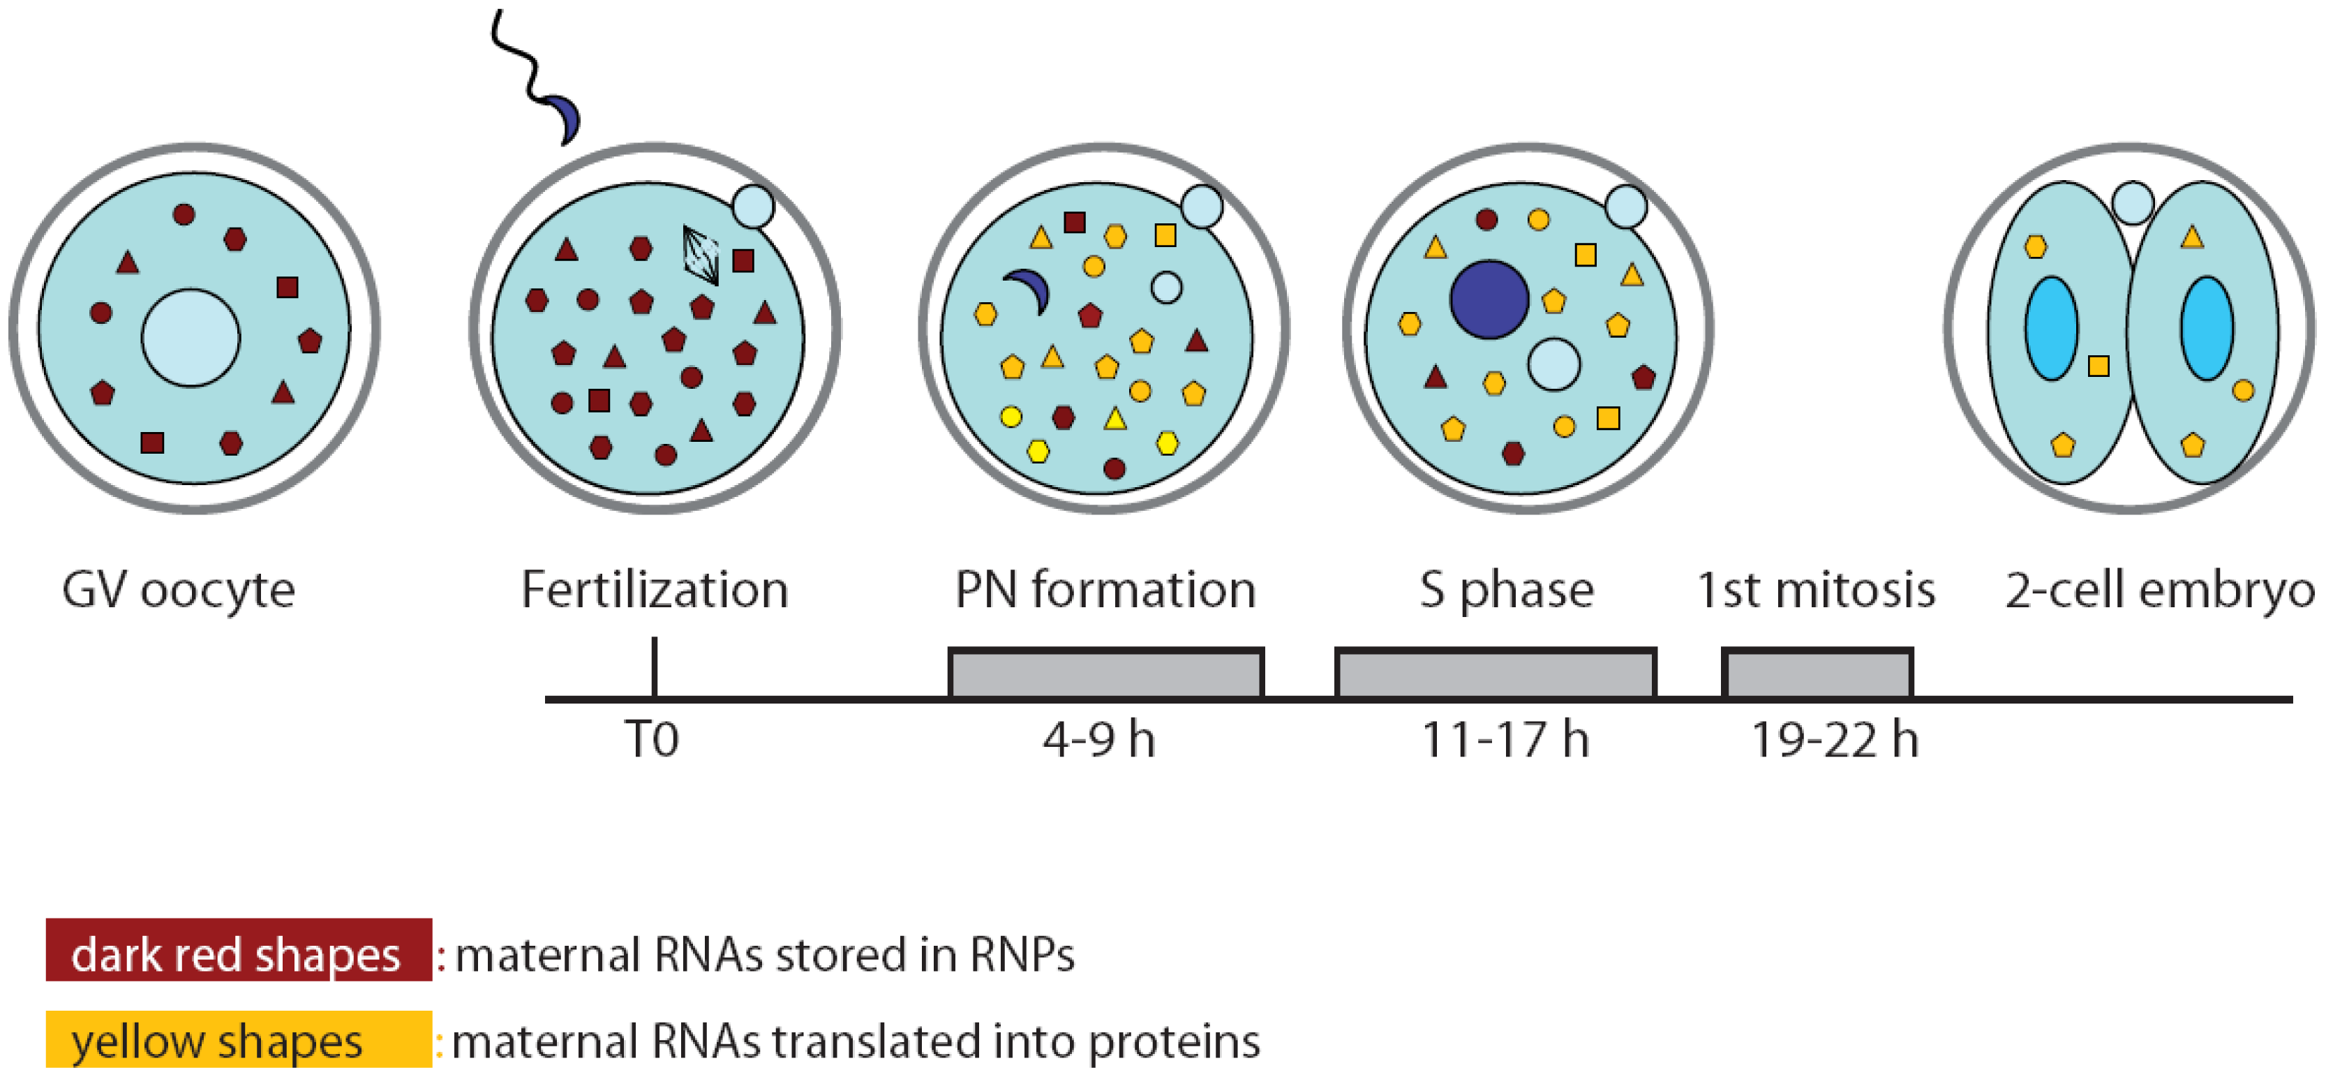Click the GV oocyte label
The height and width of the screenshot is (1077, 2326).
(178, 591)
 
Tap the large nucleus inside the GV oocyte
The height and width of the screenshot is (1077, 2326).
(191, 338)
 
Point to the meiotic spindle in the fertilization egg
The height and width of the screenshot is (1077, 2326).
(700, 255)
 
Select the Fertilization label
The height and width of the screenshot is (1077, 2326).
(655, 591)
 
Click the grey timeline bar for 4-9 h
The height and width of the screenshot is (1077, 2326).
(1105, 674)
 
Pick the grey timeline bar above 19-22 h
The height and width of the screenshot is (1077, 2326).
(1817, 674)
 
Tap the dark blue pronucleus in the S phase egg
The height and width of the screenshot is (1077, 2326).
(1489, 299)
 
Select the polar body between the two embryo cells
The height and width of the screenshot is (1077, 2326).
(2133, 203)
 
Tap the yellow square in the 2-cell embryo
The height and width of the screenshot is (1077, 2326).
(2098, 366)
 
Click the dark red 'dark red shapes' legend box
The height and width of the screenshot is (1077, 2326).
(239, 950)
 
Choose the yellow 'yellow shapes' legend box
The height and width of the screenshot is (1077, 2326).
(239, 1040)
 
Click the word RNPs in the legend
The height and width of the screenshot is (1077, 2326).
(1022, 954)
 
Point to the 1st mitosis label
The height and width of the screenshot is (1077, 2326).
(1816, 591)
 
